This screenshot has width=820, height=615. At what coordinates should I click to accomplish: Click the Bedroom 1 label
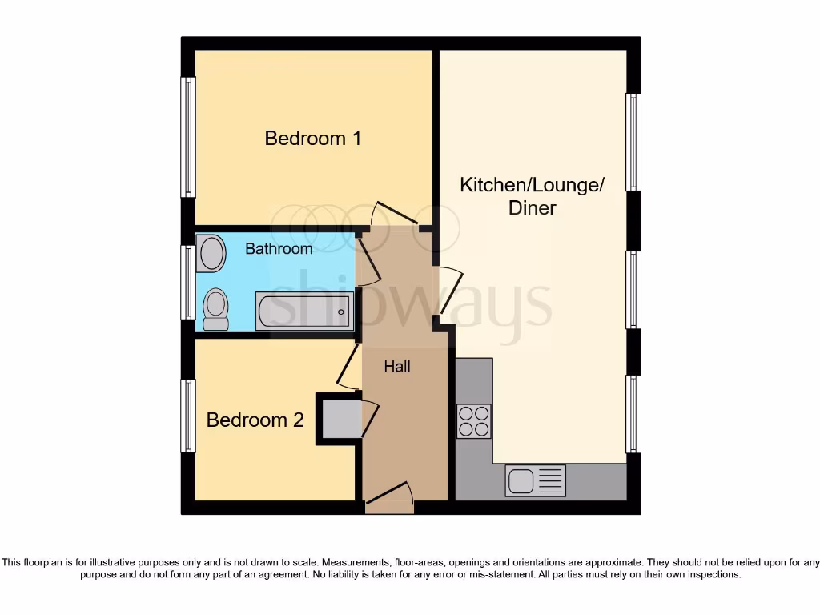coord(313,138)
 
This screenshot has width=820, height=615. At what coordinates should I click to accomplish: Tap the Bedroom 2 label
coord(255,420)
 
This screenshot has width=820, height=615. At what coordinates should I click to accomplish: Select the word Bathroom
coord(279,249)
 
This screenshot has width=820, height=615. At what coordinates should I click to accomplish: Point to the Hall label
coord(397,367)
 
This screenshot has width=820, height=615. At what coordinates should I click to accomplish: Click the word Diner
coord(532,208)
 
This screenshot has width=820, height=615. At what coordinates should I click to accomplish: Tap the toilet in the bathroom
coord(215,309)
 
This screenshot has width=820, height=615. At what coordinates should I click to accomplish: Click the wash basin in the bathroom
coord(211,252)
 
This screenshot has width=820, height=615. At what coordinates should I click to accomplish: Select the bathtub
coord(304,311)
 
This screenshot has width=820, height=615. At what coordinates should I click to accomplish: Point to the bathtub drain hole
coord(341,312)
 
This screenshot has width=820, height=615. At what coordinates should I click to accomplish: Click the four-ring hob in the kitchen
coord(473,421)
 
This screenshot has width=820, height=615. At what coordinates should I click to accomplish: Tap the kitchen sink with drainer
coord(535,480)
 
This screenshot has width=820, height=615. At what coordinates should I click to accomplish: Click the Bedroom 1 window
coord(187,137)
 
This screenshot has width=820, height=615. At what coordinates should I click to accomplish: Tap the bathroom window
coord(187,282)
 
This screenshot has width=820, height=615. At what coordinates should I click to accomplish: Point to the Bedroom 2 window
coord(187,416)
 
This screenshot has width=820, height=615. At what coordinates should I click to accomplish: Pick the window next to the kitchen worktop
coord(633,414)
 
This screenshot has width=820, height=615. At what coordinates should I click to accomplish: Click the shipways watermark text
coord(408,303)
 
